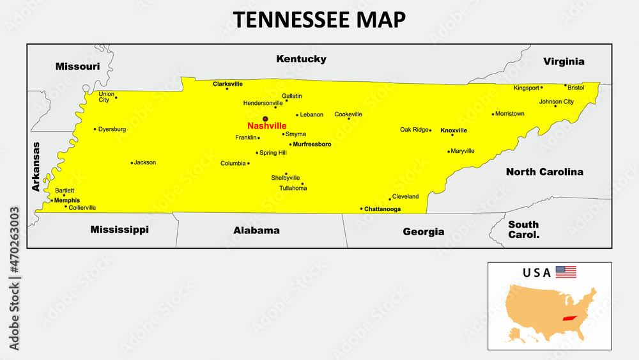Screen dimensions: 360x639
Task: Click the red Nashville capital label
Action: coord(266,126)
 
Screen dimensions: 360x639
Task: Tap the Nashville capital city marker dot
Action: coord(265,118)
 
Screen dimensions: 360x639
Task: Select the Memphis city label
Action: coord(67,200)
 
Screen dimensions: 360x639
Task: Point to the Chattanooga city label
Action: coord(383,209)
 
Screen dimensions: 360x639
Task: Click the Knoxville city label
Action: coord(454,130)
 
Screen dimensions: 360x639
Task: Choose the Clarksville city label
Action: coord(227,84)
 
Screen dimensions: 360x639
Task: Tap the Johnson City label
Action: coord(556,102)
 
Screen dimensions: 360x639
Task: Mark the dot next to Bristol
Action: coord(565,85)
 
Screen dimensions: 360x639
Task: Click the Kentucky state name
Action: coord(301,59)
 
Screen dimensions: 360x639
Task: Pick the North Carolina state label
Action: coord(544,172)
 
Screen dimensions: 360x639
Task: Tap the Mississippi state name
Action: coord(119,230)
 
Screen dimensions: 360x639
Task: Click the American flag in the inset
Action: coord(566,272)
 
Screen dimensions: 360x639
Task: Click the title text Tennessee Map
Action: coord(319,20)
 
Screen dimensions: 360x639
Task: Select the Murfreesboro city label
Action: coord(312,145)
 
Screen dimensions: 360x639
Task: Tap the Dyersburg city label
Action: coord(112,129)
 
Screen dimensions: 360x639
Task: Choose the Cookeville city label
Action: coord(348,114)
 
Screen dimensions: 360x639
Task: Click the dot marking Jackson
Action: coord(132,163)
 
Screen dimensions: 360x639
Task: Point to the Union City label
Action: coord(104,97)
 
